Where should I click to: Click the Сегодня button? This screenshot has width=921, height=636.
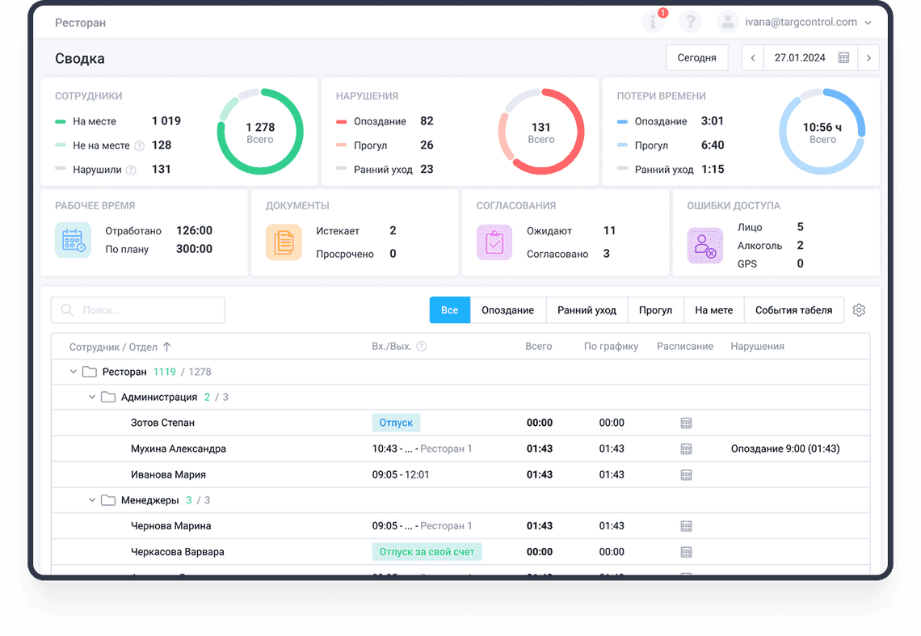coord(696,58)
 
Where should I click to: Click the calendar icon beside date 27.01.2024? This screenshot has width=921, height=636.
coord(843,58)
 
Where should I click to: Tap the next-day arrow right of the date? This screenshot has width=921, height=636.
coord(868,58)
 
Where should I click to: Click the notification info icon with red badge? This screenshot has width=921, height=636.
coord(653,23)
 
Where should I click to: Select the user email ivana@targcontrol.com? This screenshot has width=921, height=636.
coord(801,23)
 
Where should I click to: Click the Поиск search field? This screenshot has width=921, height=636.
coord(138,310)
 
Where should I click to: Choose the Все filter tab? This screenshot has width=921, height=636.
coord(450,310)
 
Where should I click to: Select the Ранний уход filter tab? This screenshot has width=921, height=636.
coord(587,310)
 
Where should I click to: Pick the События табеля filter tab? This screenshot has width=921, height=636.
coord(793,310)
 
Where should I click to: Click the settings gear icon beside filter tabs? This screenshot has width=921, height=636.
coord(859,310)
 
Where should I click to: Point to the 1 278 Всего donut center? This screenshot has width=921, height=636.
coord(260,132)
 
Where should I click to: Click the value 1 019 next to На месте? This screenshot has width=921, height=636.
coord(166,121)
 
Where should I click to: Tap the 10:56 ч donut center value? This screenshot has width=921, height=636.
coord(822,132)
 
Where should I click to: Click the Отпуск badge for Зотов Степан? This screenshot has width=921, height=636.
coord(396,423)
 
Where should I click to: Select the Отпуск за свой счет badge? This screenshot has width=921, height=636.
coord(427,552)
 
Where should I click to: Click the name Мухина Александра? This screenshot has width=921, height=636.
coord(179,449)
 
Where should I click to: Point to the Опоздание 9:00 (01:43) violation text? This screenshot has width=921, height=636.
coord(784,449)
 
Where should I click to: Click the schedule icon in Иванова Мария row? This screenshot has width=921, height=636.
coord(686,474)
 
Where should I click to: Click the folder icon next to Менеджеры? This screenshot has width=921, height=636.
coord(108,500)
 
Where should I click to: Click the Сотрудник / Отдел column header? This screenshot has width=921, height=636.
coord(113,347)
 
